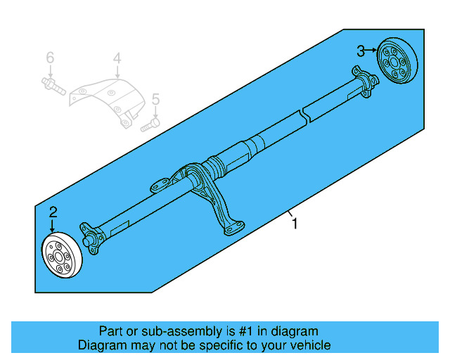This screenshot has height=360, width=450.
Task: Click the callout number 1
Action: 295,224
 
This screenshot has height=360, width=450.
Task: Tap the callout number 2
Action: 53,212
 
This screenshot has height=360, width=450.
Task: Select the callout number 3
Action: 360,51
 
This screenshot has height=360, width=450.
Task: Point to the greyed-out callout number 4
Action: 117,59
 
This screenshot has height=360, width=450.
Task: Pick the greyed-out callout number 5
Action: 155,99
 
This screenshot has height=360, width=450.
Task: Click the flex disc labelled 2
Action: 62,257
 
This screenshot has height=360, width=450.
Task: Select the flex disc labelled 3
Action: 397,61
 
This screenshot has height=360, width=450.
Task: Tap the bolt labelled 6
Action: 53,87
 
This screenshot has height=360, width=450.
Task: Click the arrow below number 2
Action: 53,225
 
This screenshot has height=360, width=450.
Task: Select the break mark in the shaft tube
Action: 304,112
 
